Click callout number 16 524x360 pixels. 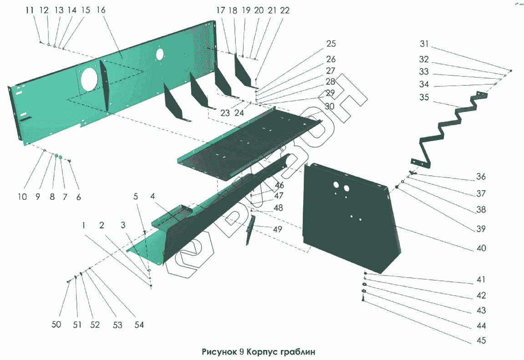(101, 10)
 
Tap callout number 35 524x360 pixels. (424, 97)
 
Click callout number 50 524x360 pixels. (56, 325)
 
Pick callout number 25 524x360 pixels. (331, 44)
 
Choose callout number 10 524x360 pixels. (23, 197)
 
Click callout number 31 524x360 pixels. (424, 44)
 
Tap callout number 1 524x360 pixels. (84, 225)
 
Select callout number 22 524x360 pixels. (285, 10)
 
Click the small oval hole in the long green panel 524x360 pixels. (159, 54)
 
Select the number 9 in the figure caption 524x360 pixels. (243, 352)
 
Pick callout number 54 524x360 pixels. (139, 325)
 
